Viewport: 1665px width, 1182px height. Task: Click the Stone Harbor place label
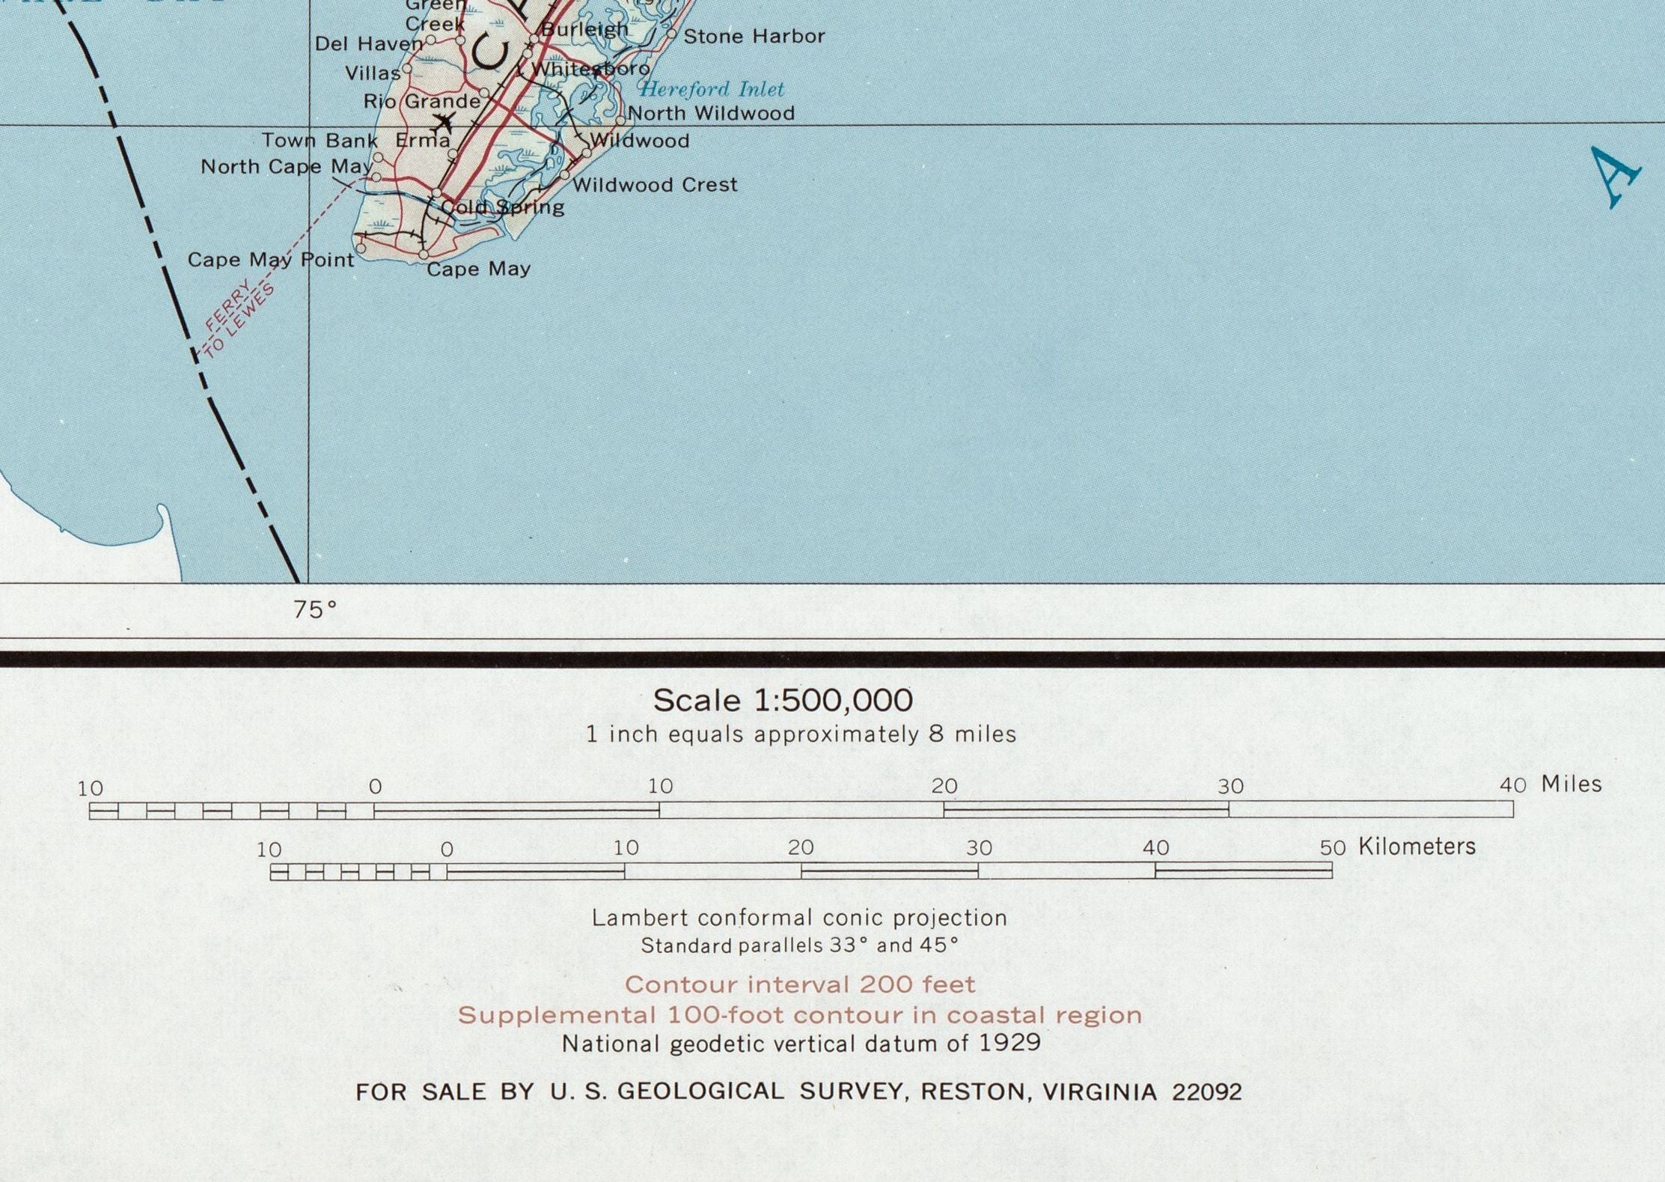pos(754,36)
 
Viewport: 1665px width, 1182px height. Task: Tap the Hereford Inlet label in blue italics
pos(711,89)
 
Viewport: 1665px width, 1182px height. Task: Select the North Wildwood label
pos(711,113)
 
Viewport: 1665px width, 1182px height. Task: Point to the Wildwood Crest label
pos(655,184)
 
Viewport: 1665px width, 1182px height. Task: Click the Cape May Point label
pos(270,260)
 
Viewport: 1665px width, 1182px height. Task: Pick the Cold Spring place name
pos(502,207)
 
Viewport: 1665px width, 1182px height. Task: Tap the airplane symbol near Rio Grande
pos(444,121)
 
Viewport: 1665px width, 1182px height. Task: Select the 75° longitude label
pos(314,610)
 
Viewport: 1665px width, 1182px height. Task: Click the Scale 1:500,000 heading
pos(783,701)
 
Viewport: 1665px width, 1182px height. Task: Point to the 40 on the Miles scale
pos(1512,785)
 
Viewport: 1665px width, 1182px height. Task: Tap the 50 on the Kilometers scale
pos(1332,847)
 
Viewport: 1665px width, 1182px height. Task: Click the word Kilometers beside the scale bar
pos(1417,847)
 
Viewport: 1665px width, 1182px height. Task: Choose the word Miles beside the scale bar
pos(1571,784)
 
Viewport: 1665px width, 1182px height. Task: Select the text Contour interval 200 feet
pos(800,984)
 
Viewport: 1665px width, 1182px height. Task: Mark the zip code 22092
pos(1206,1092)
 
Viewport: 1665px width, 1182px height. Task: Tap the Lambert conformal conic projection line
pos(799,918)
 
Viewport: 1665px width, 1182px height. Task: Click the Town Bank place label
pos(320,141)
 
